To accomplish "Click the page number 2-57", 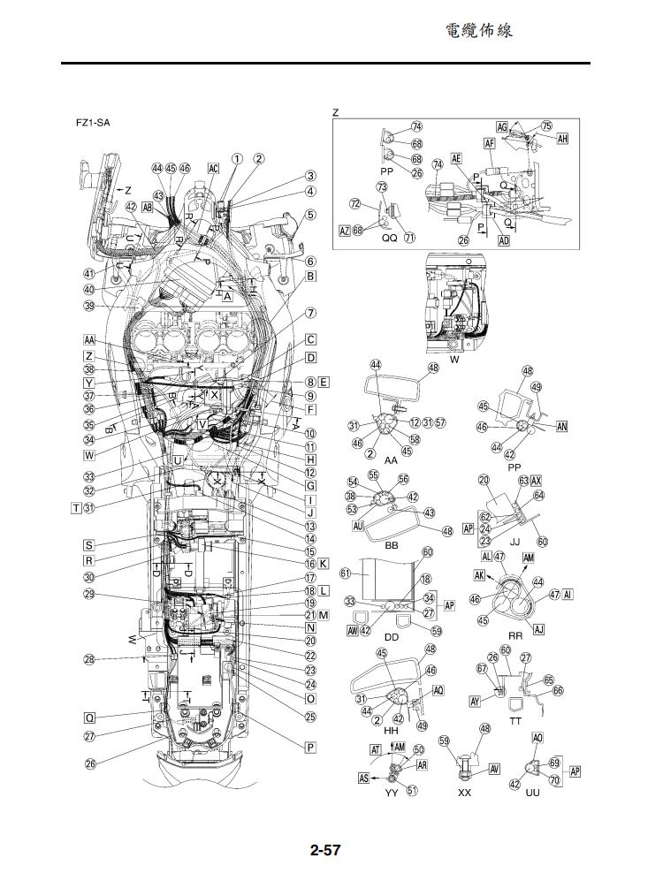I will coord(325,852).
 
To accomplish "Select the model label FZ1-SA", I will coord(94,123).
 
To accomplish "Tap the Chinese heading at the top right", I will coord(478,31).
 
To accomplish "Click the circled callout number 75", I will coord(546,126).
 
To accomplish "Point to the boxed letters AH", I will coord(562,139).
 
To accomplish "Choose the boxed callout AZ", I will coord(345,230).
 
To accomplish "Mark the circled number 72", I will coord(354,203).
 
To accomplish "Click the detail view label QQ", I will coord(389,239).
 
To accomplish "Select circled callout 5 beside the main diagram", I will coord(311,215).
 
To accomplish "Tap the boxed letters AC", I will coord(213,168).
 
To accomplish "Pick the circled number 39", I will coord(89,307).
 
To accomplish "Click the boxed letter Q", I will coord(89,717).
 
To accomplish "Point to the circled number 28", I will coord(89,659).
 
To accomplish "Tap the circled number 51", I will coord(411,791).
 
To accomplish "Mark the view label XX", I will coord(465,793).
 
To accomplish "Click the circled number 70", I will coord(555,780).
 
